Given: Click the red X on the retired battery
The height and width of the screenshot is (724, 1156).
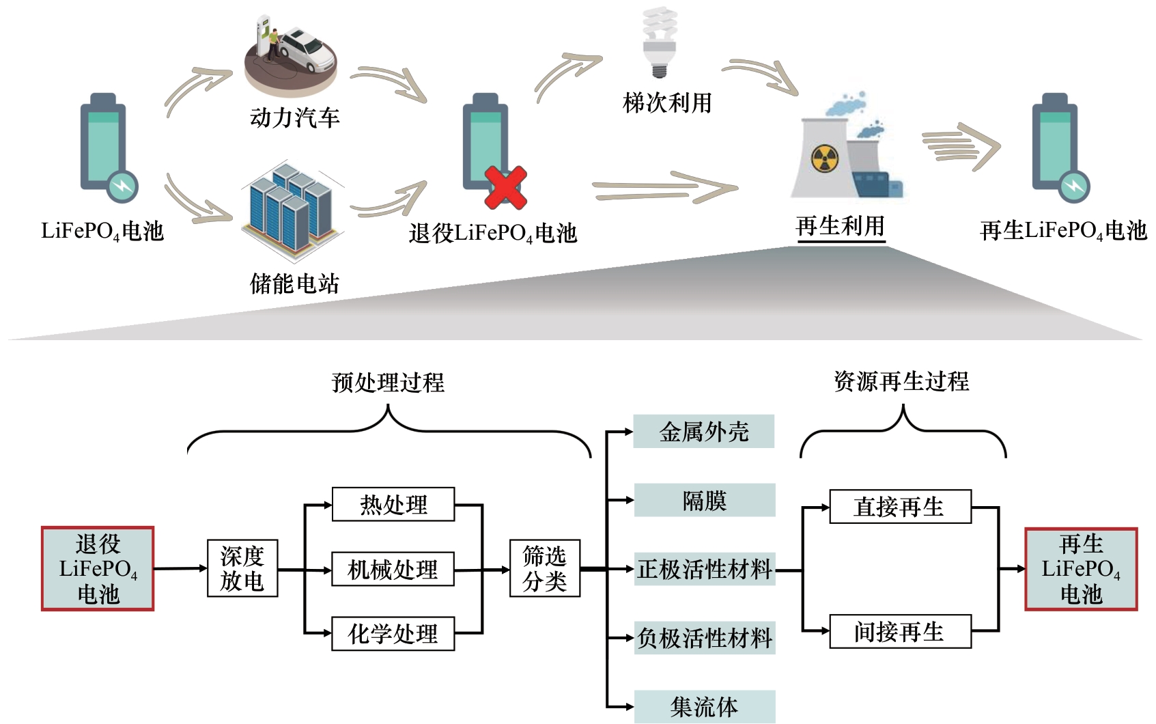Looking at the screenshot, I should pos(505,187).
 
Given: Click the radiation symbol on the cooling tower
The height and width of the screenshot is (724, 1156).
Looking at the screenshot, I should pos(824,158).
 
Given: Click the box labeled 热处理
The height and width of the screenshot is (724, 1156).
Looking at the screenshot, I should pos(393,505).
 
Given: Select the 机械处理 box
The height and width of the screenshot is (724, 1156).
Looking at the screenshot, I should pos(393,569).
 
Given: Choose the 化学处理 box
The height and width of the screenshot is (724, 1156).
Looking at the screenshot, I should pos(393,633).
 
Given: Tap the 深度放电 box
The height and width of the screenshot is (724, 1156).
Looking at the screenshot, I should pos(242,568).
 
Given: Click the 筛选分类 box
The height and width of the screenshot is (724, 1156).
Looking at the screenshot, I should pos(544,568).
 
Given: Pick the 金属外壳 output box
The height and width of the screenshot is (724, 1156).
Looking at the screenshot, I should pos(704,432).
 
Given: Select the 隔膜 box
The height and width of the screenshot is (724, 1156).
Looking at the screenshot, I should pos(705,501).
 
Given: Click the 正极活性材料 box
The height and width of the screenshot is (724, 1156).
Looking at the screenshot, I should pos(705,569).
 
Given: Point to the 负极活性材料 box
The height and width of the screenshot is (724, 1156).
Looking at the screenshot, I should pos(705,638).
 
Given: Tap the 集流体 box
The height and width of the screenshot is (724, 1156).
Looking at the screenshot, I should pos(705,706).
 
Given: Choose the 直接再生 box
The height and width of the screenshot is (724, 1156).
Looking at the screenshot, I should pos(900,507).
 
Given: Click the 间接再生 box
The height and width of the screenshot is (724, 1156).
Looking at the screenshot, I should pos(900,632).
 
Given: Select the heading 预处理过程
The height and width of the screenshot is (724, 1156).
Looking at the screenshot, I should pos(388,382).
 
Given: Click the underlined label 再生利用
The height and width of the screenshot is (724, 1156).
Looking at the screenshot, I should pos(841,226).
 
